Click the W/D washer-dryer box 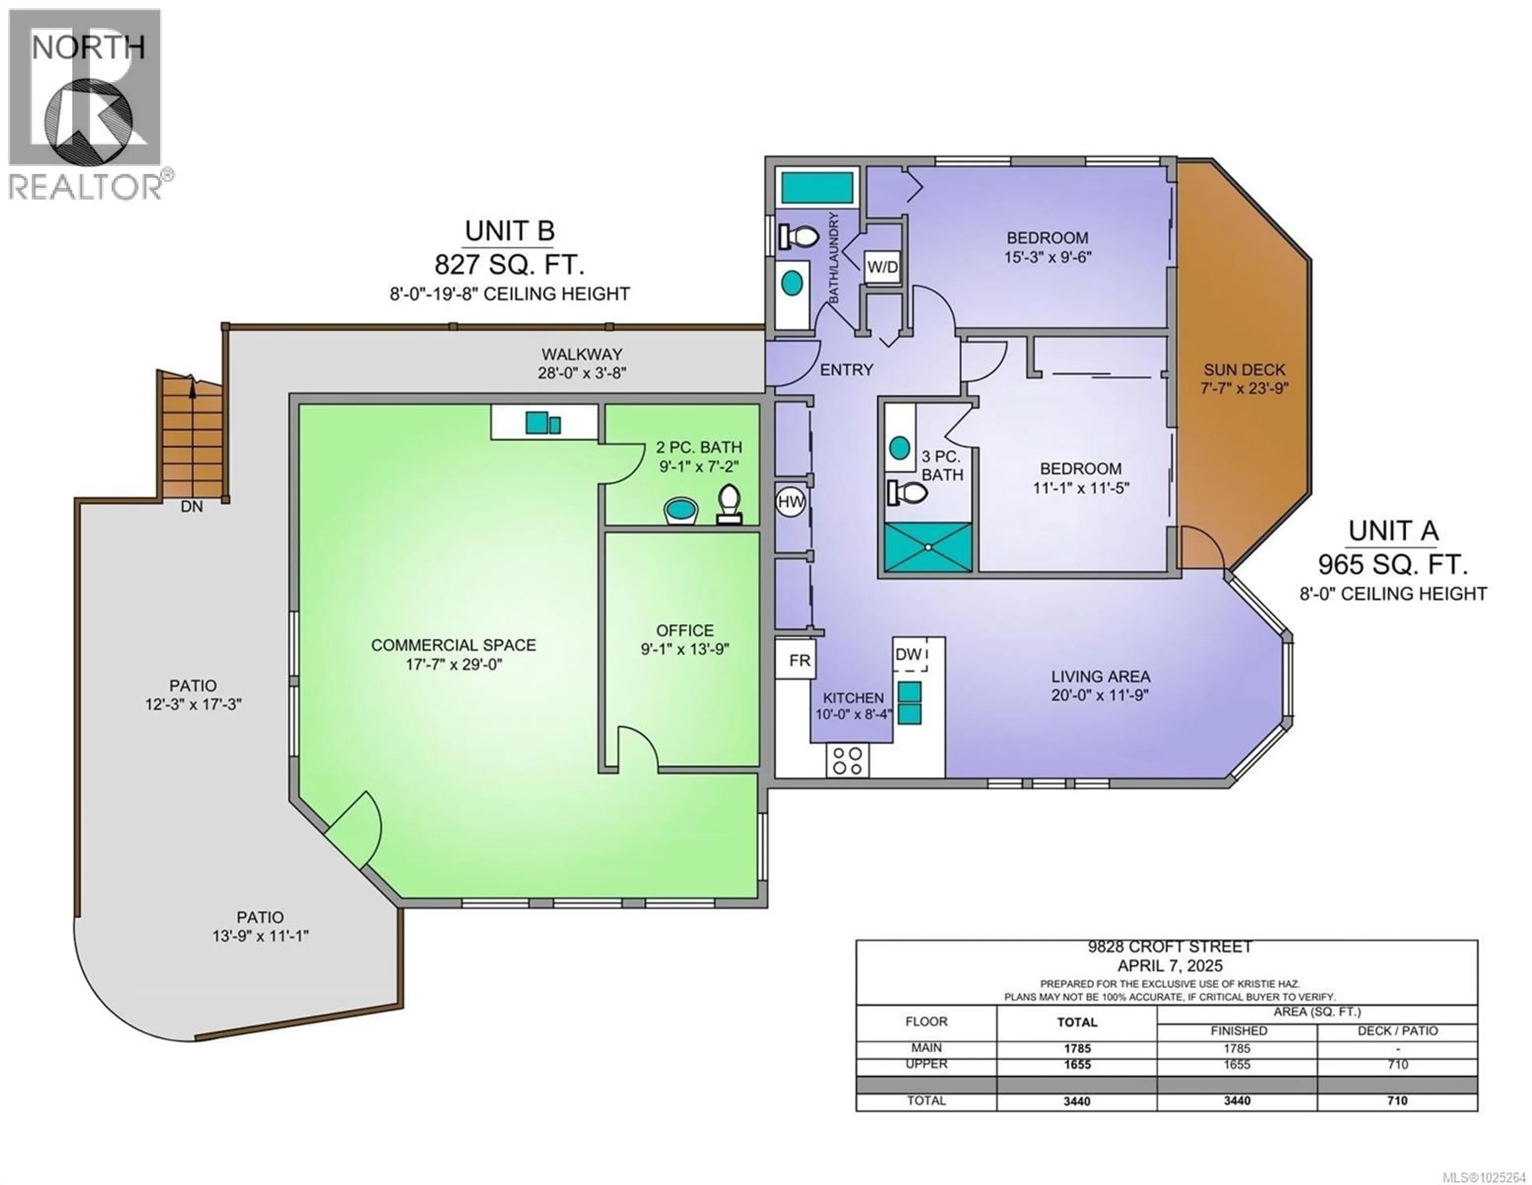click(882, 267)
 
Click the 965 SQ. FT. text click(1392, 564)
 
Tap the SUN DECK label click(1244, 370)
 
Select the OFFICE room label click(685, 630)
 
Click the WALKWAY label click(582, 354)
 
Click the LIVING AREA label click(1100, 677)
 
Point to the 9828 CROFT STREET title click(1169, 946)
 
